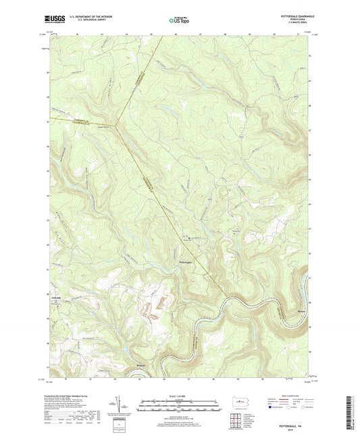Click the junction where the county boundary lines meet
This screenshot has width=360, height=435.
coord(116,124)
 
